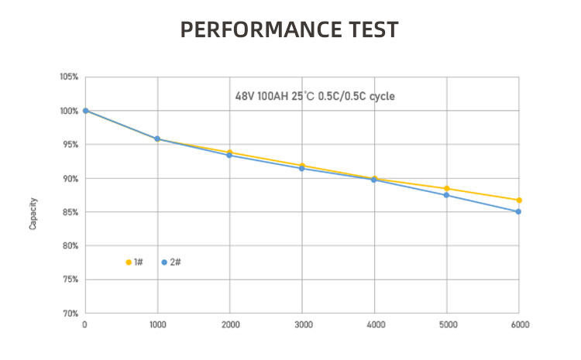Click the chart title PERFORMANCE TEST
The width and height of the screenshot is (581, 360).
pos(290,30)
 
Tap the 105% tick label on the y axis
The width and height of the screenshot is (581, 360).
pos(68,77)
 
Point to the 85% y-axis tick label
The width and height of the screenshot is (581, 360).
pos(69,212)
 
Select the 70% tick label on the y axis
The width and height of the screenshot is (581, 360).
pos(69,314)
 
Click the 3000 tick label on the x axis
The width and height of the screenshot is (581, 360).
pos(302,324)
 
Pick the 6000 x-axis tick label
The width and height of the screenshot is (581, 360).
pos(519,324)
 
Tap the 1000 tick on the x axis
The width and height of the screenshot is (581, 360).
pos(157,324)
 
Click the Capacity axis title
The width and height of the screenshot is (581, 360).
pos(33,212)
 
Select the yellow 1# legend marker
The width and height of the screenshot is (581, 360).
pos(129,262)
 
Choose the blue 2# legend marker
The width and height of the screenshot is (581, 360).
pos(164,262)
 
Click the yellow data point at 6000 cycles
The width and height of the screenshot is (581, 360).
pos(519,201)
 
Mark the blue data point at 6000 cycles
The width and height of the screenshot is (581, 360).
pos(519,211)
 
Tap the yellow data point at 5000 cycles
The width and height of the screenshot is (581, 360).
pos(447,189)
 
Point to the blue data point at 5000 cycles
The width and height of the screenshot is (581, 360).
pos(447,195)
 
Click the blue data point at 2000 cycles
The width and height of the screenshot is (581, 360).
pos(230,156)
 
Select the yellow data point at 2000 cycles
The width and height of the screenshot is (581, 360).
pos(230,152)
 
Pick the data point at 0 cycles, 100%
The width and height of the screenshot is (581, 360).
pos(85,111)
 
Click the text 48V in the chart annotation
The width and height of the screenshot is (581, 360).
pos(245,98)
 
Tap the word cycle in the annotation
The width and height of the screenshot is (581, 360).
pos(383,98)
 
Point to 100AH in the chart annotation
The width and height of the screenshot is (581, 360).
pos(273,98)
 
